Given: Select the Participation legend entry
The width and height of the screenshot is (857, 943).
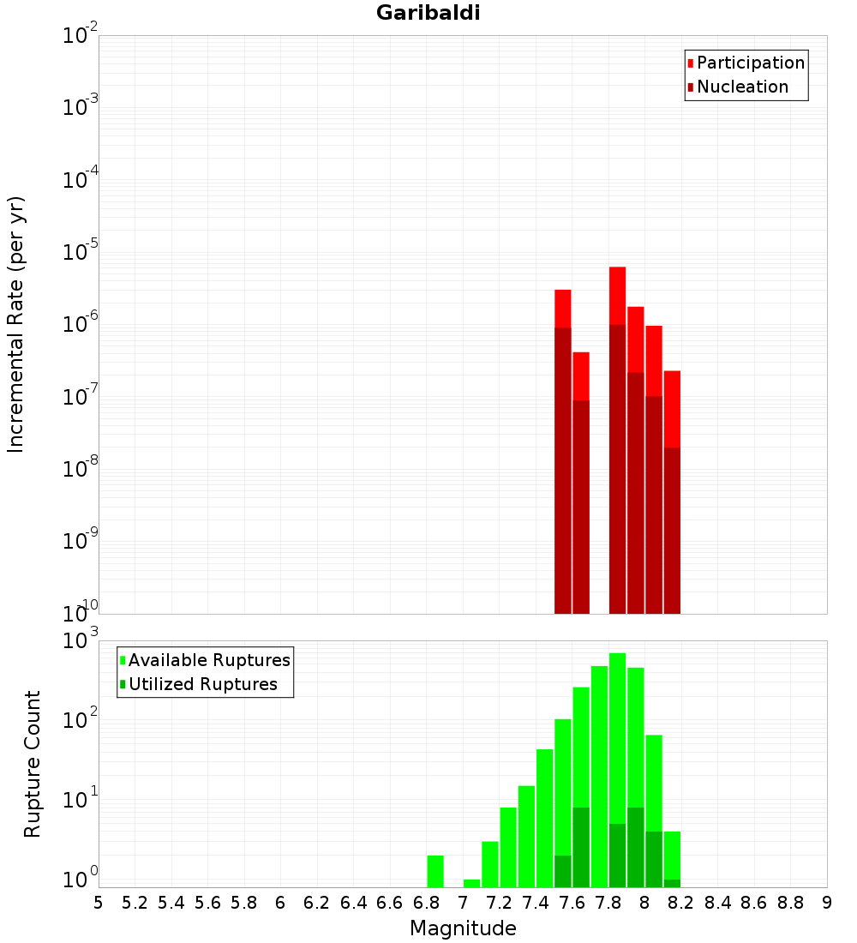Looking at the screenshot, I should pos(751,63).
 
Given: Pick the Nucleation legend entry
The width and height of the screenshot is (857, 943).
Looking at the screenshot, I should pos(742,87).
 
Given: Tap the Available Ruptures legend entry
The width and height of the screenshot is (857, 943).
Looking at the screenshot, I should pos(209,660).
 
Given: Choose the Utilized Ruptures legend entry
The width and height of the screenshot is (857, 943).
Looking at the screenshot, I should pos(202,684).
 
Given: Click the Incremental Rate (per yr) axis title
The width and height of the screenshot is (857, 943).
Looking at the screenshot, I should pos(16,324).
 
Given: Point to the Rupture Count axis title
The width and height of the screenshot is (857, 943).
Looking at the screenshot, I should pos(33,763).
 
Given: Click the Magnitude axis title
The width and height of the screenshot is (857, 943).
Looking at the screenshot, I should pos(463,928).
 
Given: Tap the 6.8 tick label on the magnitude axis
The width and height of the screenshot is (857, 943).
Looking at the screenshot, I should pos(426,903).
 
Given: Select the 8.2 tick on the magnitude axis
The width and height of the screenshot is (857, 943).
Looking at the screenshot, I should pos(681,903).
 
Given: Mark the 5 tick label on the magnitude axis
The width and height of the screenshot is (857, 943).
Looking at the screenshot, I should pos(99,903).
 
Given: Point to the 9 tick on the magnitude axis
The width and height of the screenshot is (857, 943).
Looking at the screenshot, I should pos(827,903).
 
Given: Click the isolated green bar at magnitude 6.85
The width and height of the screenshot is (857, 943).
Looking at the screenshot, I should pos(435,871).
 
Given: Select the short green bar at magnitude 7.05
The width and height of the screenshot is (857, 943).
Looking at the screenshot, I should pos(471,883).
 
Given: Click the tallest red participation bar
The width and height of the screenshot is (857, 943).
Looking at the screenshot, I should pos(617,296).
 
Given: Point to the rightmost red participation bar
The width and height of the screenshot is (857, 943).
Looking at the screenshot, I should pos(672,408).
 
